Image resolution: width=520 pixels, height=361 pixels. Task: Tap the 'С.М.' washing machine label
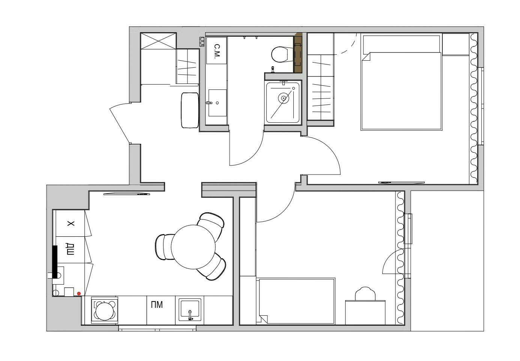pos(216,51)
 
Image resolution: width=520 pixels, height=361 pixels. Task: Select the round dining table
pos(193,247)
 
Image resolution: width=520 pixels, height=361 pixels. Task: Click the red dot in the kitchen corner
pos(79,293)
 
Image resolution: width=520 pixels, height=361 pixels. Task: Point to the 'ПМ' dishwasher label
pos(157,304)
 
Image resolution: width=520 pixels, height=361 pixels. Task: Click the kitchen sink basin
pos(190,310)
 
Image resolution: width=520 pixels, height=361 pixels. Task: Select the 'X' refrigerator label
pos(71,224)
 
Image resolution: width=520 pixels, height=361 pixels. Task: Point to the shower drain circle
pos(283,98)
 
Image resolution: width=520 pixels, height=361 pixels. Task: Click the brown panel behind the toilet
pos(298,53)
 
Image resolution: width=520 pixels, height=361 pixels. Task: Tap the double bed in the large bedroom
pos(401,82)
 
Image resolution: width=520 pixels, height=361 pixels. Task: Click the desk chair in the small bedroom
pos(365,294)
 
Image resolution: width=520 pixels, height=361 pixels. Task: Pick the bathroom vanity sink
pos(217,103)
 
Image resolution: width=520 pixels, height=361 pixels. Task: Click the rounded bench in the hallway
pos(190,110)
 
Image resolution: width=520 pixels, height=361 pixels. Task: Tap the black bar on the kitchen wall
pos(55,262)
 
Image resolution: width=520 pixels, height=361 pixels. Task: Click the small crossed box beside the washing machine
pos(202,42)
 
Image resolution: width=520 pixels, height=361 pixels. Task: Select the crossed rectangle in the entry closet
pos(159,41)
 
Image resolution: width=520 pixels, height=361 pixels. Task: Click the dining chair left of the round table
pos(164,247)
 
